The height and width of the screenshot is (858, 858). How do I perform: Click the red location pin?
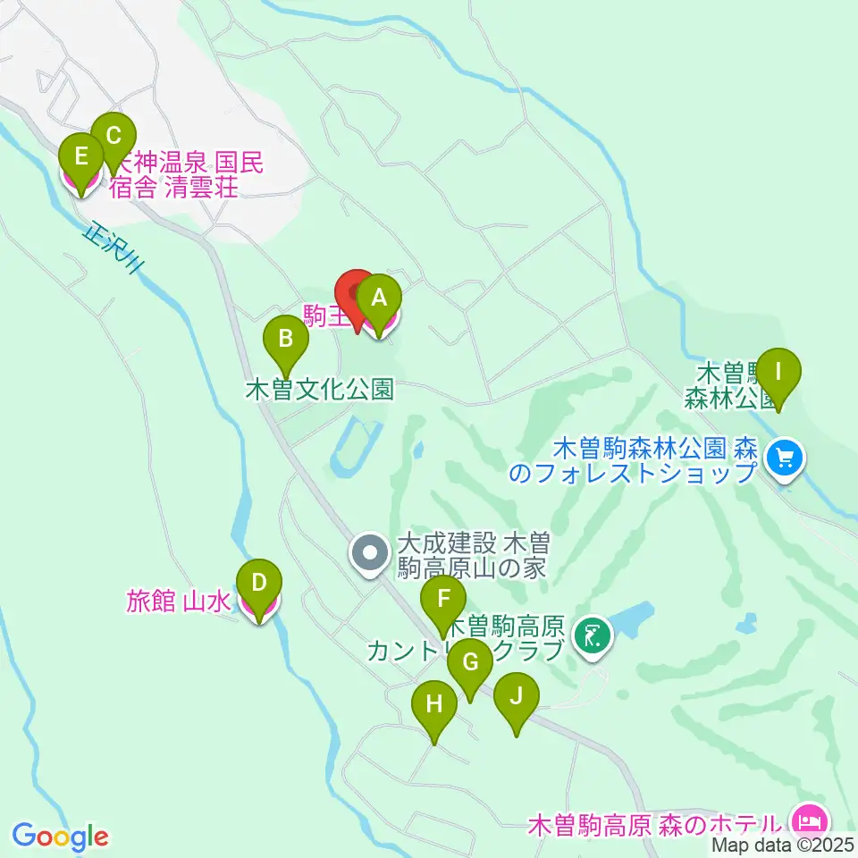pyautogui.click(x=356, y=295)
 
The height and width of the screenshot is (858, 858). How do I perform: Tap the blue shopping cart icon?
pyautogui.click(x=786, y=459)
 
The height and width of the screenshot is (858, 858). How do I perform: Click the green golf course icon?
pyautogui.click(x=592, y=636)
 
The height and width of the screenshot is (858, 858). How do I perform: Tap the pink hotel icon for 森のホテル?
pyautogui.click(x=810, y=819)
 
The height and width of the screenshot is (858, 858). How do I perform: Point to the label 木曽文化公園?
pyautogui.click(x=319, y=391)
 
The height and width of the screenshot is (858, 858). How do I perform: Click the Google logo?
pyautogui.click(x=60, y=837)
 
